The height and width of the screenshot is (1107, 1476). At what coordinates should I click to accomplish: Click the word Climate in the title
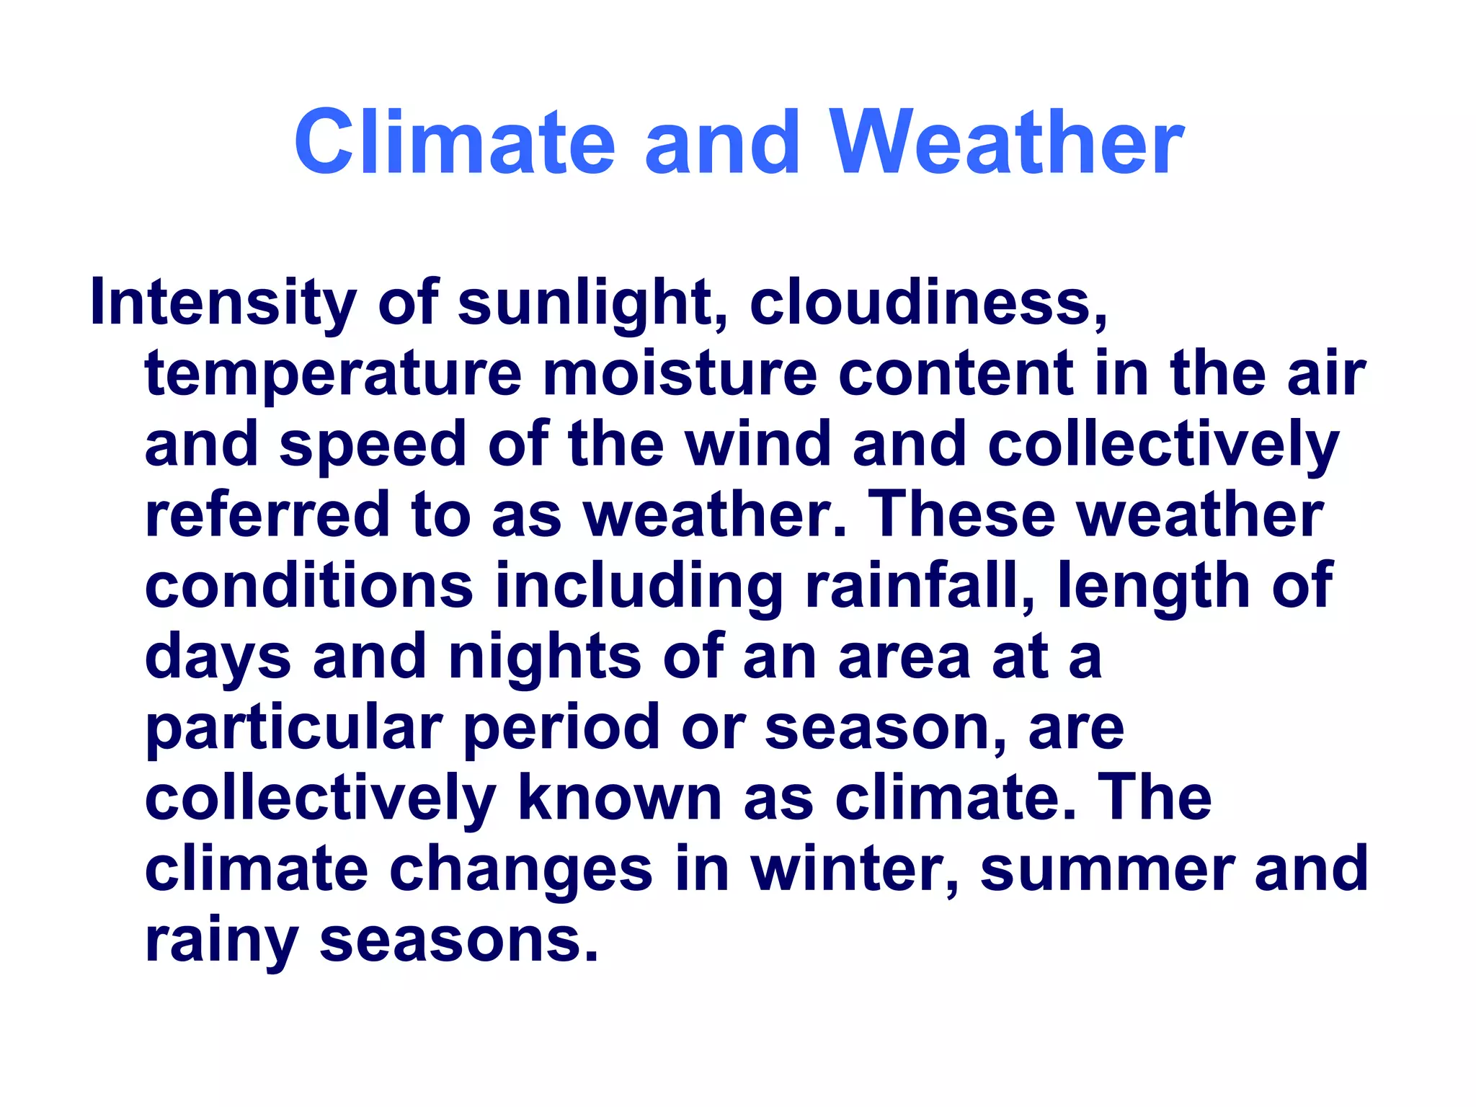pyautogui.click(x=454, y=141)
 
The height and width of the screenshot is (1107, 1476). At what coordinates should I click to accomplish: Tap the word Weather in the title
pyautogui.click(x=1006, y=141)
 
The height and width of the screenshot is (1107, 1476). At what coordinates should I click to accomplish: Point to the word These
pyautogui.click(x=961, y=514)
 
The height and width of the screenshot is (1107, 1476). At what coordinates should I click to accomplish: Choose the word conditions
pyautogui.click(x=308, y=585)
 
